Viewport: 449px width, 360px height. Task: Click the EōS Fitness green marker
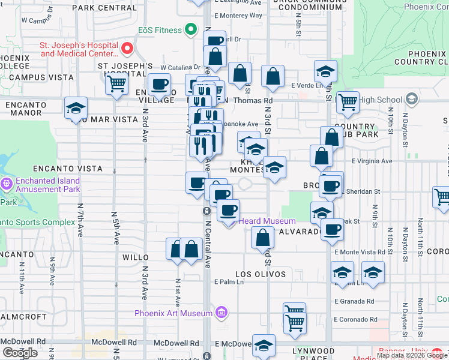point(191,29)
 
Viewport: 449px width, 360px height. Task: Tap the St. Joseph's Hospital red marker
point(127,48)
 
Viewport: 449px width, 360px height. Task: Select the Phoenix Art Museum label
point(173,313)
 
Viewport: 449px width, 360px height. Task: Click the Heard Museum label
point(268,221)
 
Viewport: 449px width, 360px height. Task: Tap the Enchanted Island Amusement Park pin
point(7,182)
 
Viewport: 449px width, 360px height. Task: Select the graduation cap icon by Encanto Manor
point(76,108)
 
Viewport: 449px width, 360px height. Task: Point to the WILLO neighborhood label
point(136,257)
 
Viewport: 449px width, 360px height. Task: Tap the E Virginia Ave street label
point(372,161)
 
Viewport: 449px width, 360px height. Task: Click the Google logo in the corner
point(20,353)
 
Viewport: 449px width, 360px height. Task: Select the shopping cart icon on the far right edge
point(442,196)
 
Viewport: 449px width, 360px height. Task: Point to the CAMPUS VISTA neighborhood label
point(33,77)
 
